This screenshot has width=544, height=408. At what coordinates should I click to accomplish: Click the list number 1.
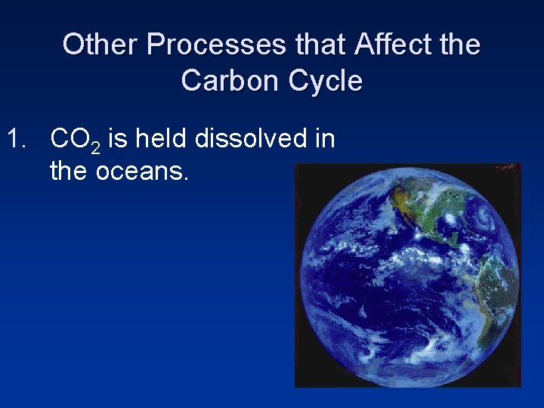(x=18, y=139)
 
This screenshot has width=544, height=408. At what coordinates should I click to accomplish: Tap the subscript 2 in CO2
(x=95, y=147)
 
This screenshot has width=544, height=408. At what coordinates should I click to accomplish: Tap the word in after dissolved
(x=324, y=139)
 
